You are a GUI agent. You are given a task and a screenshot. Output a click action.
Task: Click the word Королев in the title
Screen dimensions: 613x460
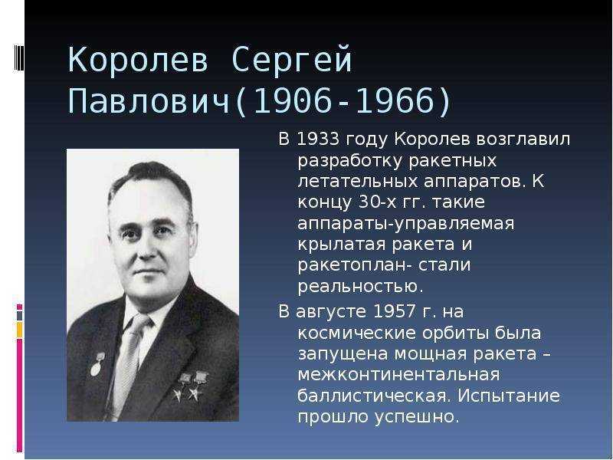(x=138, y=60)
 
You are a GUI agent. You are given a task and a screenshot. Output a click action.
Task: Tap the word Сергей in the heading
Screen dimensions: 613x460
(x=292, y=61)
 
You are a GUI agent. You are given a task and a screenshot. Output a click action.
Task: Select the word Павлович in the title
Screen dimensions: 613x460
(x=149, y=101)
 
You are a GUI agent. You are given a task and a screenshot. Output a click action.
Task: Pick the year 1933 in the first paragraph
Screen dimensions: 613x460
(x=317, y=139)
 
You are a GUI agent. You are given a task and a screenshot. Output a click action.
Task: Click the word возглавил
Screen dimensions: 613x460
(x=523, y=140)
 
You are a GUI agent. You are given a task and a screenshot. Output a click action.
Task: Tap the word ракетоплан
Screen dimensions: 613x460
(x=352, y=265)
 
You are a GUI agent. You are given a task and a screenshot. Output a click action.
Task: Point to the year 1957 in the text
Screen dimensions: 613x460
(x=395, y=312)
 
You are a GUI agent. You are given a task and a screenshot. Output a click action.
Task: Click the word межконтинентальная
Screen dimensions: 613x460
(x=398, y=375)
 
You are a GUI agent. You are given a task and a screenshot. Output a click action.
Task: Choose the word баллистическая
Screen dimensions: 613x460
(x=372, y=396)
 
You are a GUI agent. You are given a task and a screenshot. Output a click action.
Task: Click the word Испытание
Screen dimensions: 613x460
(x=509, y=396)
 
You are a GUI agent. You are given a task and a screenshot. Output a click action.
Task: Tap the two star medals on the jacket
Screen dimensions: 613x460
(x=192, y=386)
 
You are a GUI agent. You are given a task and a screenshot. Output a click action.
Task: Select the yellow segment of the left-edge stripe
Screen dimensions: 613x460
(x=19, y=330)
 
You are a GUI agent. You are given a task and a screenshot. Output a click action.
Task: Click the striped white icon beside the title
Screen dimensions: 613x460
(x=19, y=58)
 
